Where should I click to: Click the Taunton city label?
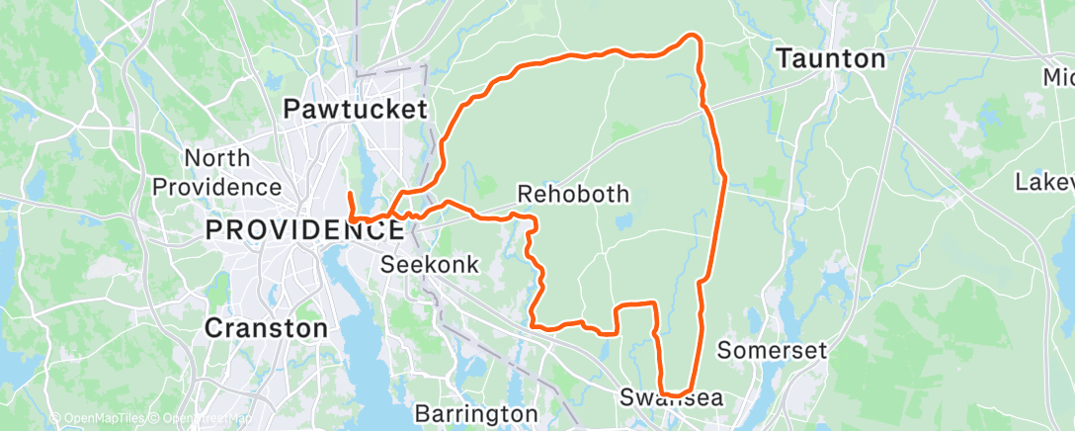pos(830,59)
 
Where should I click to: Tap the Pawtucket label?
pos(355,109)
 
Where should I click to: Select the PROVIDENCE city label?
pos(303,230)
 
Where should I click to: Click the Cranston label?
pos(266,327)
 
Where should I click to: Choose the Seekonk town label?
pos(430,265)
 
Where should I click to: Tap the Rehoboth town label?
pos(573,193)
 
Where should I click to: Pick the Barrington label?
pos(476,412)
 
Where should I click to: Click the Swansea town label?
pos(672,398)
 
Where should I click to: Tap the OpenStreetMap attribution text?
pos(203,419)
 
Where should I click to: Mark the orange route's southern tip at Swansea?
pos(676,394)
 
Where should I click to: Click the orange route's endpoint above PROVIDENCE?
pos(350,192)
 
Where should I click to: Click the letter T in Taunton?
pos(785,59)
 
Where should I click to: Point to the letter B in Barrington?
pos(421,412)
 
